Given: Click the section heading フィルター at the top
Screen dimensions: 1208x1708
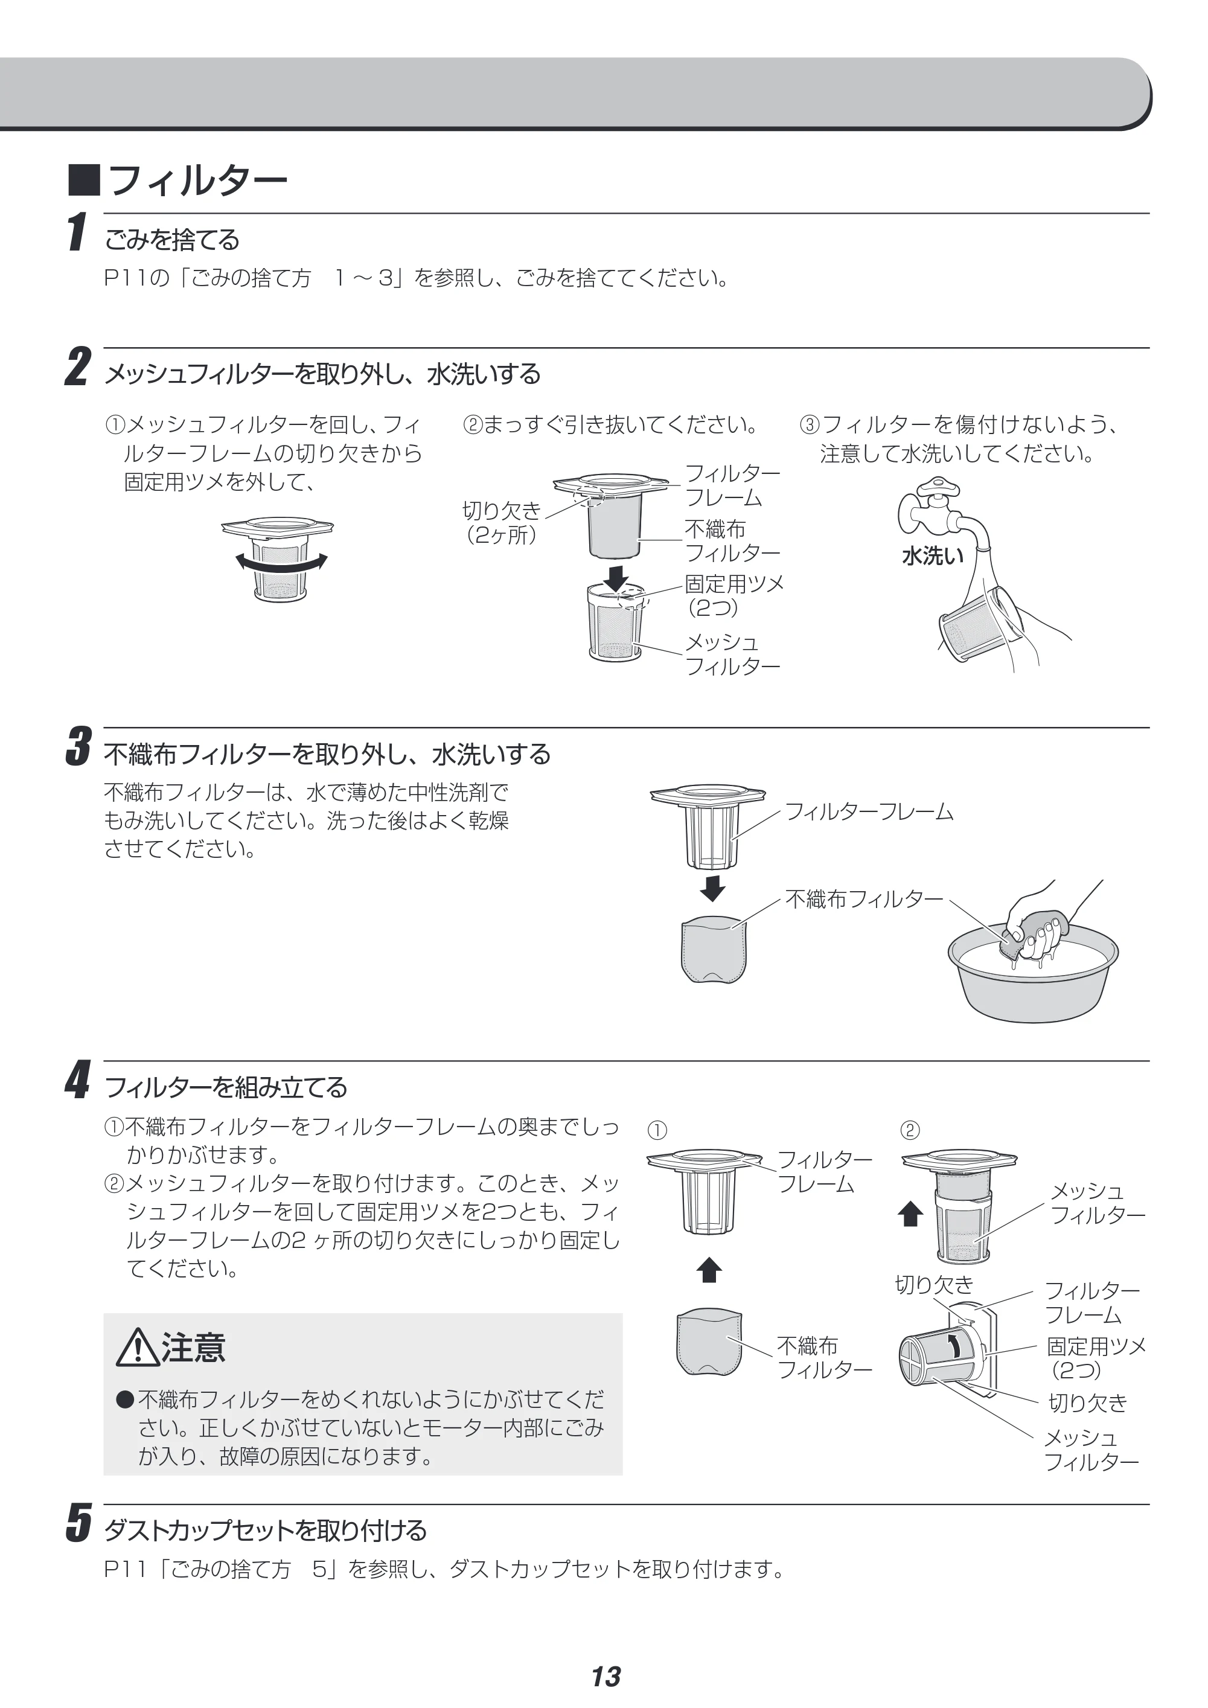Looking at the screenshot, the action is tap(198, 181).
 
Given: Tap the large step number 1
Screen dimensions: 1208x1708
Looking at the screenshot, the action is tap(76, 232).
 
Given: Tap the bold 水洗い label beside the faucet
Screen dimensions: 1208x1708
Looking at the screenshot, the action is tap(932, 555).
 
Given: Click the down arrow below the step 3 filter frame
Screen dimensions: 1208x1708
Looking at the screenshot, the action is tap(712, 888).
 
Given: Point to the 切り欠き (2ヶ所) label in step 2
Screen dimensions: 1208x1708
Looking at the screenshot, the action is tap(501, 522).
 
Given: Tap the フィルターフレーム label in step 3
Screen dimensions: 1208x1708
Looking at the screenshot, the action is tap(869, 811).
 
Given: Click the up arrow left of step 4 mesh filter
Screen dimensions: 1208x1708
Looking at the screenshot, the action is tap(910, 1214).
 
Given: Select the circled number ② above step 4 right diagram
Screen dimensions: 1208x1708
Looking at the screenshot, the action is tap(910, 1131).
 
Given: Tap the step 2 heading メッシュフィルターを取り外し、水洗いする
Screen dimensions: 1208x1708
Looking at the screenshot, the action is tap(322, 374).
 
